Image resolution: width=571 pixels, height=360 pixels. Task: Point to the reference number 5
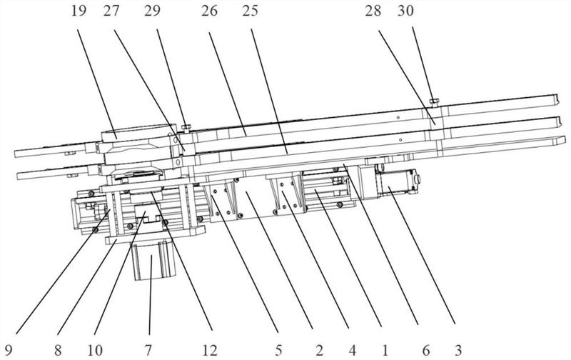pos(278,349)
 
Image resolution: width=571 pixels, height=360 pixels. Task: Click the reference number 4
pos(352,349)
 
